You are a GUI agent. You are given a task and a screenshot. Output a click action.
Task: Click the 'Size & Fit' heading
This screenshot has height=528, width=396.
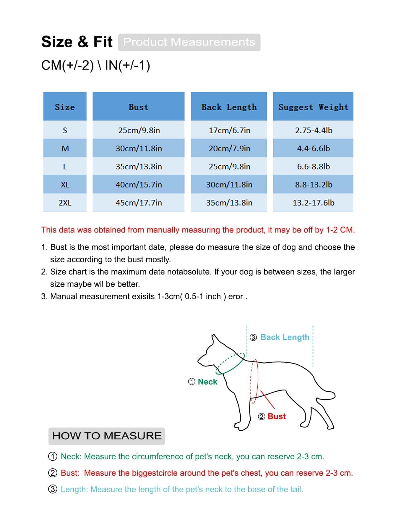tap(77, 42)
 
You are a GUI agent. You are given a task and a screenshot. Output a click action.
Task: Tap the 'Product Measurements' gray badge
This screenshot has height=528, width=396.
tap(189, 42)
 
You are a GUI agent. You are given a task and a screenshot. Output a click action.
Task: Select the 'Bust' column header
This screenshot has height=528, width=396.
tap(138, 107)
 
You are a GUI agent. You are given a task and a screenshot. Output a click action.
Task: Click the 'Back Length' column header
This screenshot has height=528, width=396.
tap(229, 107)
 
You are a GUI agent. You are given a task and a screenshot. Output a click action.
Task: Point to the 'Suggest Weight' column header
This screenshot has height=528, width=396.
tap(313, 107)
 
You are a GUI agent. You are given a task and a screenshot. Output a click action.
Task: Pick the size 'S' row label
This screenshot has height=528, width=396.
tap(65, 130)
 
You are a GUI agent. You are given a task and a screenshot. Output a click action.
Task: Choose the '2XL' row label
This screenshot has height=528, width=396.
tap(65, 203)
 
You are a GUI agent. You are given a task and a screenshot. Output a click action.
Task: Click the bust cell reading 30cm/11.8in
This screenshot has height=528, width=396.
tap(139, 148)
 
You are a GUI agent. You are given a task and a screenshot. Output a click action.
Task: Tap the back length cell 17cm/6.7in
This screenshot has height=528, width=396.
tap(229, 130)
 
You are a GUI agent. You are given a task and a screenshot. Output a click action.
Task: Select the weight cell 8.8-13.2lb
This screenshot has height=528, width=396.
tap(313, 185)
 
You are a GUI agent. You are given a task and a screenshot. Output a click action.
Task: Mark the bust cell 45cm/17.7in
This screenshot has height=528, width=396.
tap(139, 203)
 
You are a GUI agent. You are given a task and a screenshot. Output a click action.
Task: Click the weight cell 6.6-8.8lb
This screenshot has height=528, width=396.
tap(313, 167)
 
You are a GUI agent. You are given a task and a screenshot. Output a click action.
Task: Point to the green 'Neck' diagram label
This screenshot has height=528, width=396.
tap(207, 382)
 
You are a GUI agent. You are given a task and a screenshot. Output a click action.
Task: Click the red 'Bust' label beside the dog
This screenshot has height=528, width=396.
tap(277, 416)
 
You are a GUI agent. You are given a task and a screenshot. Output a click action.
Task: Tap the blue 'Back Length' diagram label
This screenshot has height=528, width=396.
tap(285, 337)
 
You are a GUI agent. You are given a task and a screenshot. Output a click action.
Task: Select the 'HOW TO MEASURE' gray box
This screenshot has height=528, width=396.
tap(107, 436)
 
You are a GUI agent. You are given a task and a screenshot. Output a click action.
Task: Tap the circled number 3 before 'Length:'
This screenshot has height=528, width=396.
tap(53, 489)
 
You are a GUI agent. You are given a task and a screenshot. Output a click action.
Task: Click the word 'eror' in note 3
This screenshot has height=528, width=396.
tap(236, 296)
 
